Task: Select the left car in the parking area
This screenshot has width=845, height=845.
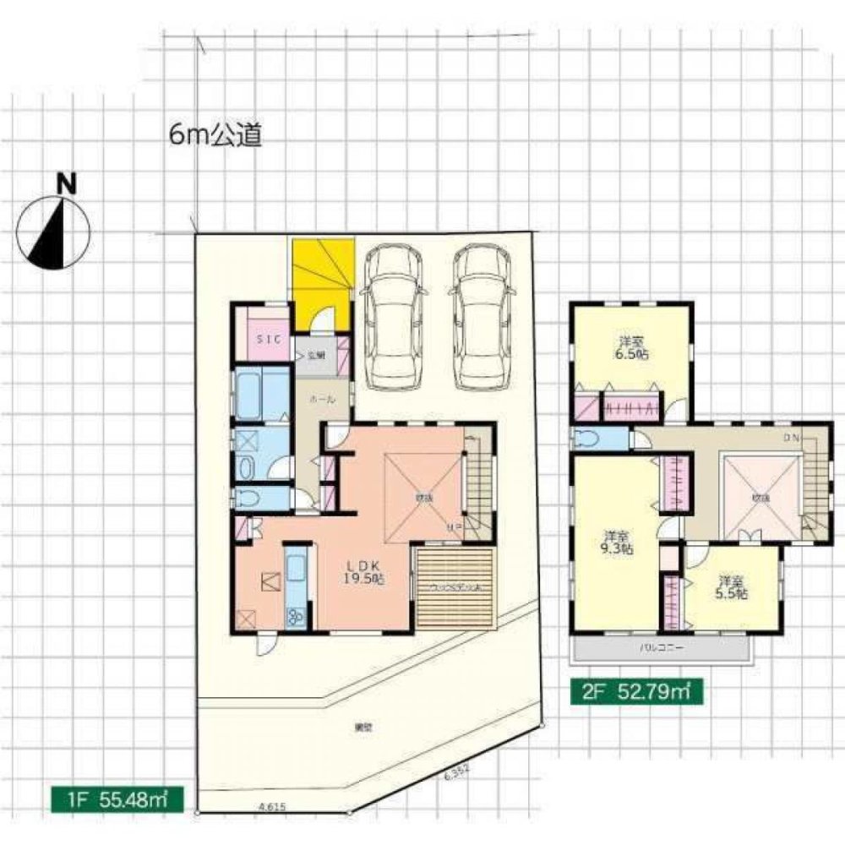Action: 390,317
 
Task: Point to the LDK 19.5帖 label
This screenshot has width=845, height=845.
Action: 365,571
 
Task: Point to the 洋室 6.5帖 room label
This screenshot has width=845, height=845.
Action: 631,349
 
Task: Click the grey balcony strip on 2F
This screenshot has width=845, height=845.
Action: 661,648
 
